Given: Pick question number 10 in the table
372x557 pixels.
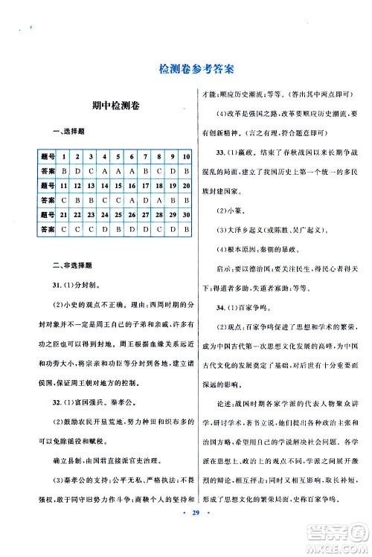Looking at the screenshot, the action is pos(185,157).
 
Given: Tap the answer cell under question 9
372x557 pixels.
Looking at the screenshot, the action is pos(172,171).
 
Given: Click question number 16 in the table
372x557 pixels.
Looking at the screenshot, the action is pos(131,185).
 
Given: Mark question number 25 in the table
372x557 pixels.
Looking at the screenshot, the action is pos(118,214).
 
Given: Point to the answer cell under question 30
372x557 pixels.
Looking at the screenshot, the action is pos(185,228).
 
